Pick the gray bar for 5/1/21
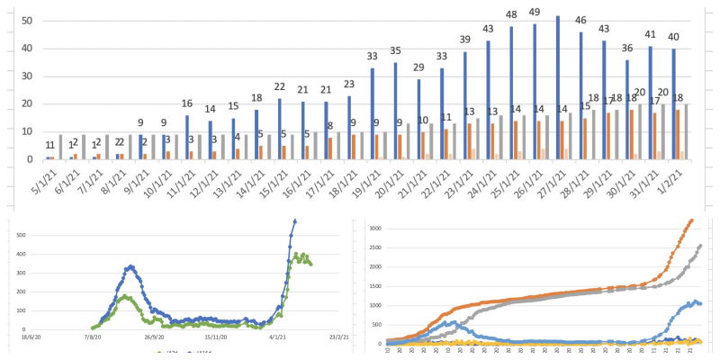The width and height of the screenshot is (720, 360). pos(60,147)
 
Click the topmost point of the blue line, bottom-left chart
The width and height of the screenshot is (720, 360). pos(294,220)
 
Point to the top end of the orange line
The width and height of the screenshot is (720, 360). pos(691,220)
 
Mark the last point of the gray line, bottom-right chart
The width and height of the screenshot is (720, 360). pos(700,245)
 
